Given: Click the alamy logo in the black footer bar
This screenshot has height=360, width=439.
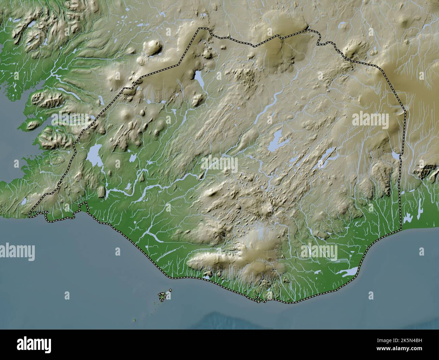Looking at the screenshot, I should coord(34,345).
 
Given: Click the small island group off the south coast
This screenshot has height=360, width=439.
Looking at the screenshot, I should coord(163,296).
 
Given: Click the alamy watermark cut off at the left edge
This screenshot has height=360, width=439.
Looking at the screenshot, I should coord(17,251).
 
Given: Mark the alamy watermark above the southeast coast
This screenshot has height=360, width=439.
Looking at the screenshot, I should coord(319,252).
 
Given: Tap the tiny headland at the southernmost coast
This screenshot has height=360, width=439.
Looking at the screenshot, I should coord(258,299).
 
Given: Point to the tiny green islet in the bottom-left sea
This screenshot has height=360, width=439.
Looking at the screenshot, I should coord(135,320).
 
